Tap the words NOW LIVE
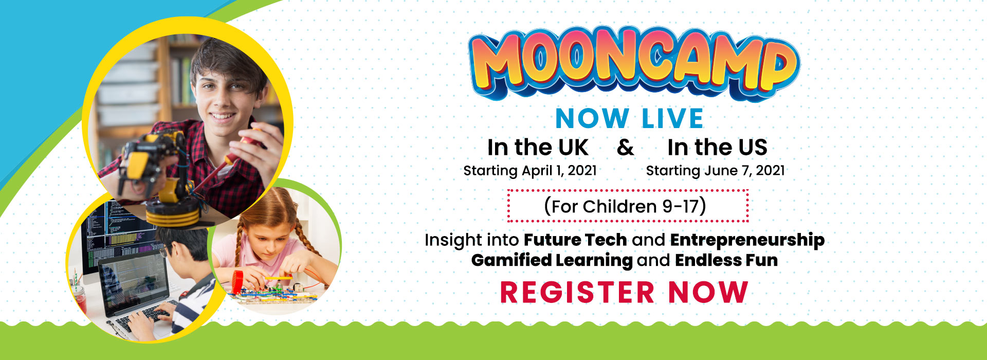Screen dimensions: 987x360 (629, 119)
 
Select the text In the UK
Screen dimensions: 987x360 (538, 148)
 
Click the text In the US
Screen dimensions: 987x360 (717, 148)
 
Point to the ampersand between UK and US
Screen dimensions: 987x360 (626, 148)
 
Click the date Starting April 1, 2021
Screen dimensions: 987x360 (530, 171)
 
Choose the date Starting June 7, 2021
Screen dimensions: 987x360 (715, 171)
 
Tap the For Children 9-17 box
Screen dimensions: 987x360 (628, 206)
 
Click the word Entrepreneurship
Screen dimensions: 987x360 (747, 240)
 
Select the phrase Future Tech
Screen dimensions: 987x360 (575, 240)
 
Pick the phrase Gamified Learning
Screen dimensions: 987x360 (552, 260)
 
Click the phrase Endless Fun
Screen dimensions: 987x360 (726, 260)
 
